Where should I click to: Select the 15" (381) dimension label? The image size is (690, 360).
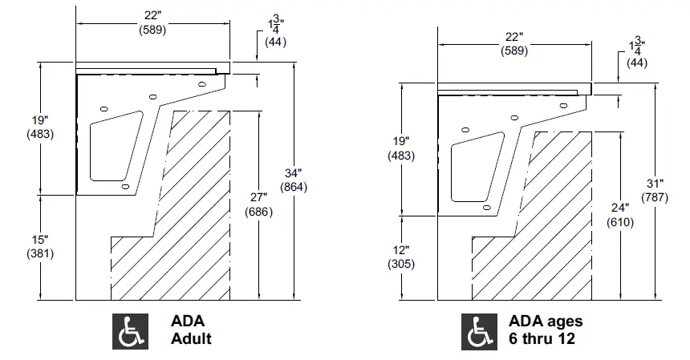pyautogui.click(x=40, y=246)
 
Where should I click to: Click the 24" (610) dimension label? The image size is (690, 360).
pyautogui.click(x=621, y=215)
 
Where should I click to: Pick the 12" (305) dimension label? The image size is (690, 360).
pyautogui.click(x=401, y=257)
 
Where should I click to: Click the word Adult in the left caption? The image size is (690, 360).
pyautogui.click(x=191, y=338)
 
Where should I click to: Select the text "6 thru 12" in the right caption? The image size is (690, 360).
pyautogui.click(x=542, y=338)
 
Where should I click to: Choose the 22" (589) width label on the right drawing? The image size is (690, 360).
pyautogui.click(x=514, y=44)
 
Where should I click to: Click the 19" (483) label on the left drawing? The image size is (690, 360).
pyautogui.click(x=40, y=127)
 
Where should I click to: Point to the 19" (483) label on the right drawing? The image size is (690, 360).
pyautogui.click(x=401, y=149)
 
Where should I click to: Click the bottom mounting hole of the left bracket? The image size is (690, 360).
pyautogui.click(x=125, y=186)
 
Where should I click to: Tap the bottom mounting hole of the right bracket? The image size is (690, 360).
pyautogui.click(x=486, y=206)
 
